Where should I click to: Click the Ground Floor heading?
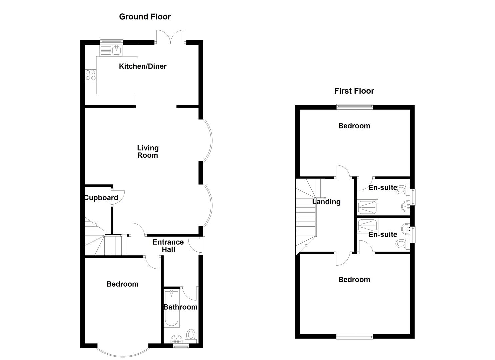145,17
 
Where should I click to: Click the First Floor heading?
354,91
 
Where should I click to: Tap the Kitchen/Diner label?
143,66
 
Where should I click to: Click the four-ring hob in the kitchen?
91,75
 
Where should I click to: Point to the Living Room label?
148,152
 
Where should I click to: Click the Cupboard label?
101,198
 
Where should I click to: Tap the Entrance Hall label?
168,246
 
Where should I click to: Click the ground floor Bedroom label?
122,284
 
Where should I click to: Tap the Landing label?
326,202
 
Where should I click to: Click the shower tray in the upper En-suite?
367,207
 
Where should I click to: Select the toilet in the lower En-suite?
402,244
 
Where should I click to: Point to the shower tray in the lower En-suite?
367,226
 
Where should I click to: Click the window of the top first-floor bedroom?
355,107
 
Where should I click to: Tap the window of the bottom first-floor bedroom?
355,336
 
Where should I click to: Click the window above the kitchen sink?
111,42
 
